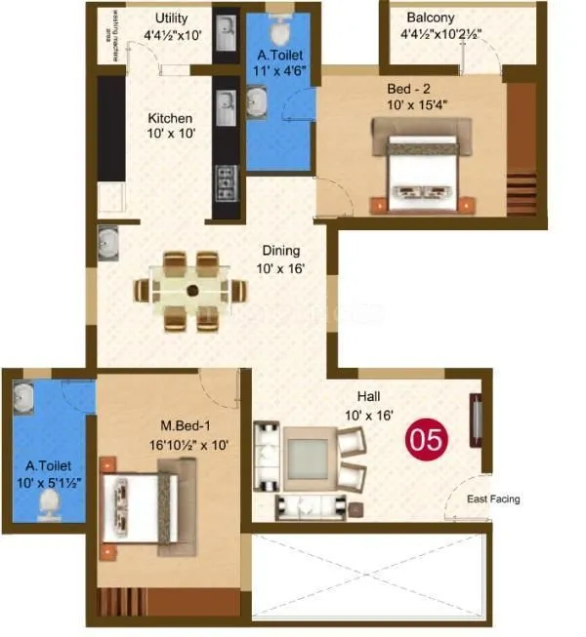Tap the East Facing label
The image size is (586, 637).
(x=492, y=499)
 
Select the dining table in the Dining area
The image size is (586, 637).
(x=191, y=290)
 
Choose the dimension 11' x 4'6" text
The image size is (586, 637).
(x=277, y=71)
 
